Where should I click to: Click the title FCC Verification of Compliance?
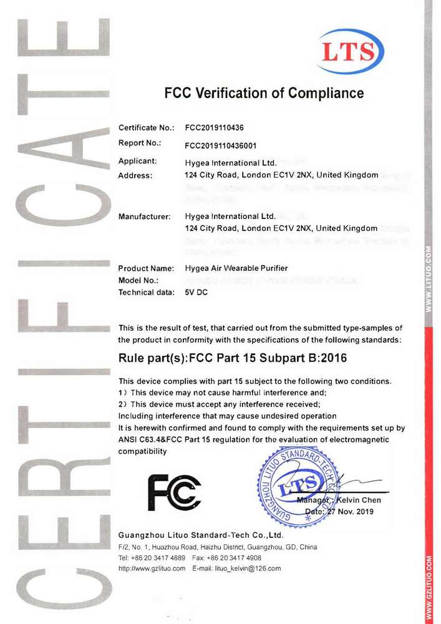pos(263,94)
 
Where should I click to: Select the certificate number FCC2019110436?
pos(214,128)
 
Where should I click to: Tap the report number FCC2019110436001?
pos(221,145)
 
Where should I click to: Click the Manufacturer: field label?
pos(144,217)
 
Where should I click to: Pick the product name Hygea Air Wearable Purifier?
pos(236,268)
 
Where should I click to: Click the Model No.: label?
pos(138,281)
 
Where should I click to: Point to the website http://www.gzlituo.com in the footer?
pos(152,568)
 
